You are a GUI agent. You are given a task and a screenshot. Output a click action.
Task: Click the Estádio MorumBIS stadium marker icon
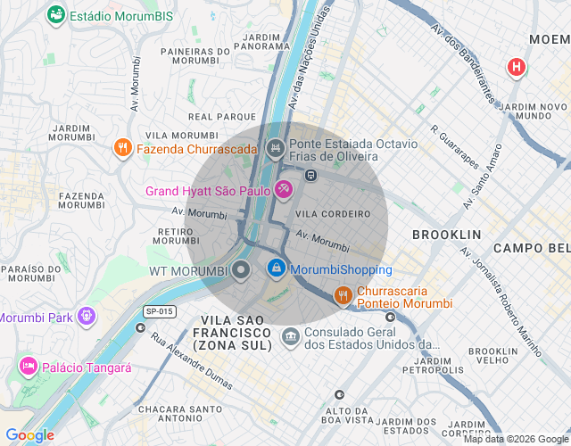(56, 15)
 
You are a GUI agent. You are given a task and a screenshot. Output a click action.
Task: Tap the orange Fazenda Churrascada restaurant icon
(123, 148)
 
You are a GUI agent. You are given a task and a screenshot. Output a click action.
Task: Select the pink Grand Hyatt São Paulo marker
(284, 190)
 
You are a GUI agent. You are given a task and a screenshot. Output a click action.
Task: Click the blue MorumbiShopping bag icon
(277, 268)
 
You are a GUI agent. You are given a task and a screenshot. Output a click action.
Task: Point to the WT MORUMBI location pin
(240, 269)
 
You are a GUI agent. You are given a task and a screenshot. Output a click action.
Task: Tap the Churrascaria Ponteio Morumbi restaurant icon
(343, 296)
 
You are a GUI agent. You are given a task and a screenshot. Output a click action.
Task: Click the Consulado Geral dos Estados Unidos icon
(291, 336)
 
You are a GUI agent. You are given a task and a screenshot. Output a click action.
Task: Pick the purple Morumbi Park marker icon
(86, 316)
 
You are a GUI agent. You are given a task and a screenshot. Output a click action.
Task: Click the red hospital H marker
(516, 67)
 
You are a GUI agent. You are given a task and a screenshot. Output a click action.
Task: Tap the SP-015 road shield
(160, 310)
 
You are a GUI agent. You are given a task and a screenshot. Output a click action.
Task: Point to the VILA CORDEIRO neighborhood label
(333, 214)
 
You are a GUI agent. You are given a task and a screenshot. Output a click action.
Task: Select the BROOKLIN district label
(446, 235)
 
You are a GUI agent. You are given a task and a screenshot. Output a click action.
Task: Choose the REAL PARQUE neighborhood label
(222, 117)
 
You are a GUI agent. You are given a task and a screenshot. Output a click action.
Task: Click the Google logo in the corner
(29, 435)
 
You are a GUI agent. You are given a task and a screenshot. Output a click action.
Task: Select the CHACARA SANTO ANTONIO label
(181, 414)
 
